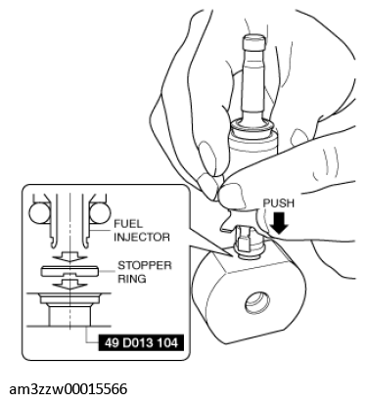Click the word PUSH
[278, 203]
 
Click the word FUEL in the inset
[128, 224]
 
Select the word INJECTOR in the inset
[142, 237]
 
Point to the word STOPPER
[145, 266]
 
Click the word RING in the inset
[132, 279]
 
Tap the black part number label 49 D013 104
[141, 342]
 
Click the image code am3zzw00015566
[69, 389]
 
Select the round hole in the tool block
[257, 302]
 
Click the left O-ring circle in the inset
[40, 214]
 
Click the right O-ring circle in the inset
[99, 214]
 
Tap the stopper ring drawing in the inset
[69, 271]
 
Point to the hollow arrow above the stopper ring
[69, 256]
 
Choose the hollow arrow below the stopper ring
[69, 284]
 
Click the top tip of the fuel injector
[253, 36]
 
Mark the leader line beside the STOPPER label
[107, 271]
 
